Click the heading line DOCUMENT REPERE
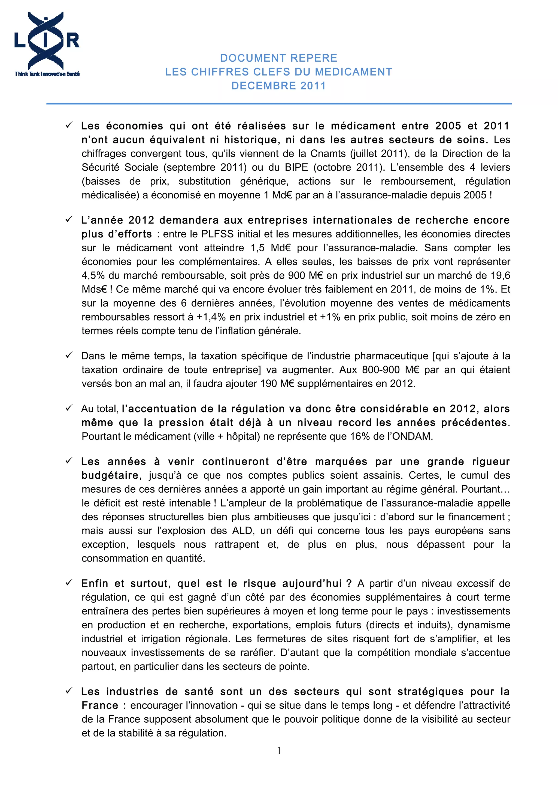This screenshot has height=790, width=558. (278, 58)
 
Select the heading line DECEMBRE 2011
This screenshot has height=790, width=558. (278, 86)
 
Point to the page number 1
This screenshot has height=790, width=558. (279, 750)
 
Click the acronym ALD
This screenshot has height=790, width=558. (243, 530)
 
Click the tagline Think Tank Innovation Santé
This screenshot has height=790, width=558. (47, 74)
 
